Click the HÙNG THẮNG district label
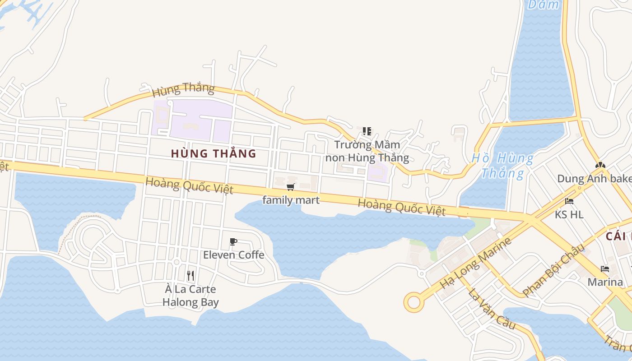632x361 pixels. tap(214, 153)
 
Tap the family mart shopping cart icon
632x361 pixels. tap(291, 187)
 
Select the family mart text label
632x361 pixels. tap(291, 200)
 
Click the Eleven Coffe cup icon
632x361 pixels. tap(233, 242)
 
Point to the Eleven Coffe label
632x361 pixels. tap(233, 255)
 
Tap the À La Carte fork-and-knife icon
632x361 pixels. tap(191, 275)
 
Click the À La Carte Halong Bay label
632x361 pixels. tap(191, 296)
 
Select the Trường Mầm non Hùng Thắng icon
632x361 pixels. tap(367, 131)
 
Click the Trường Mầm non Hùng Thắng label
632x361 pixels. tap(367, 152)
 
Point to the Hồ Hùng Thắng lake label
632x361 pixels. tap(502, 166)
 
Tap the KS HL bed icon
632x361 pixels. tap(569, 201)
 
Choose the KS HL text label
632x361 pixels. tap(569, 214)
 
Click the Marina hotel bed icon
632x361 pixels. tap(605, 269)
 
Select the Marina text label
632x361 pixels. tap(605, 282)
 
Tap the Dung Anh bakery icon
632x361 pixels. tap(600, 165)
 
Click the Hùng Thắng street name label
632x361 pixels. tap(183, 89)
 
